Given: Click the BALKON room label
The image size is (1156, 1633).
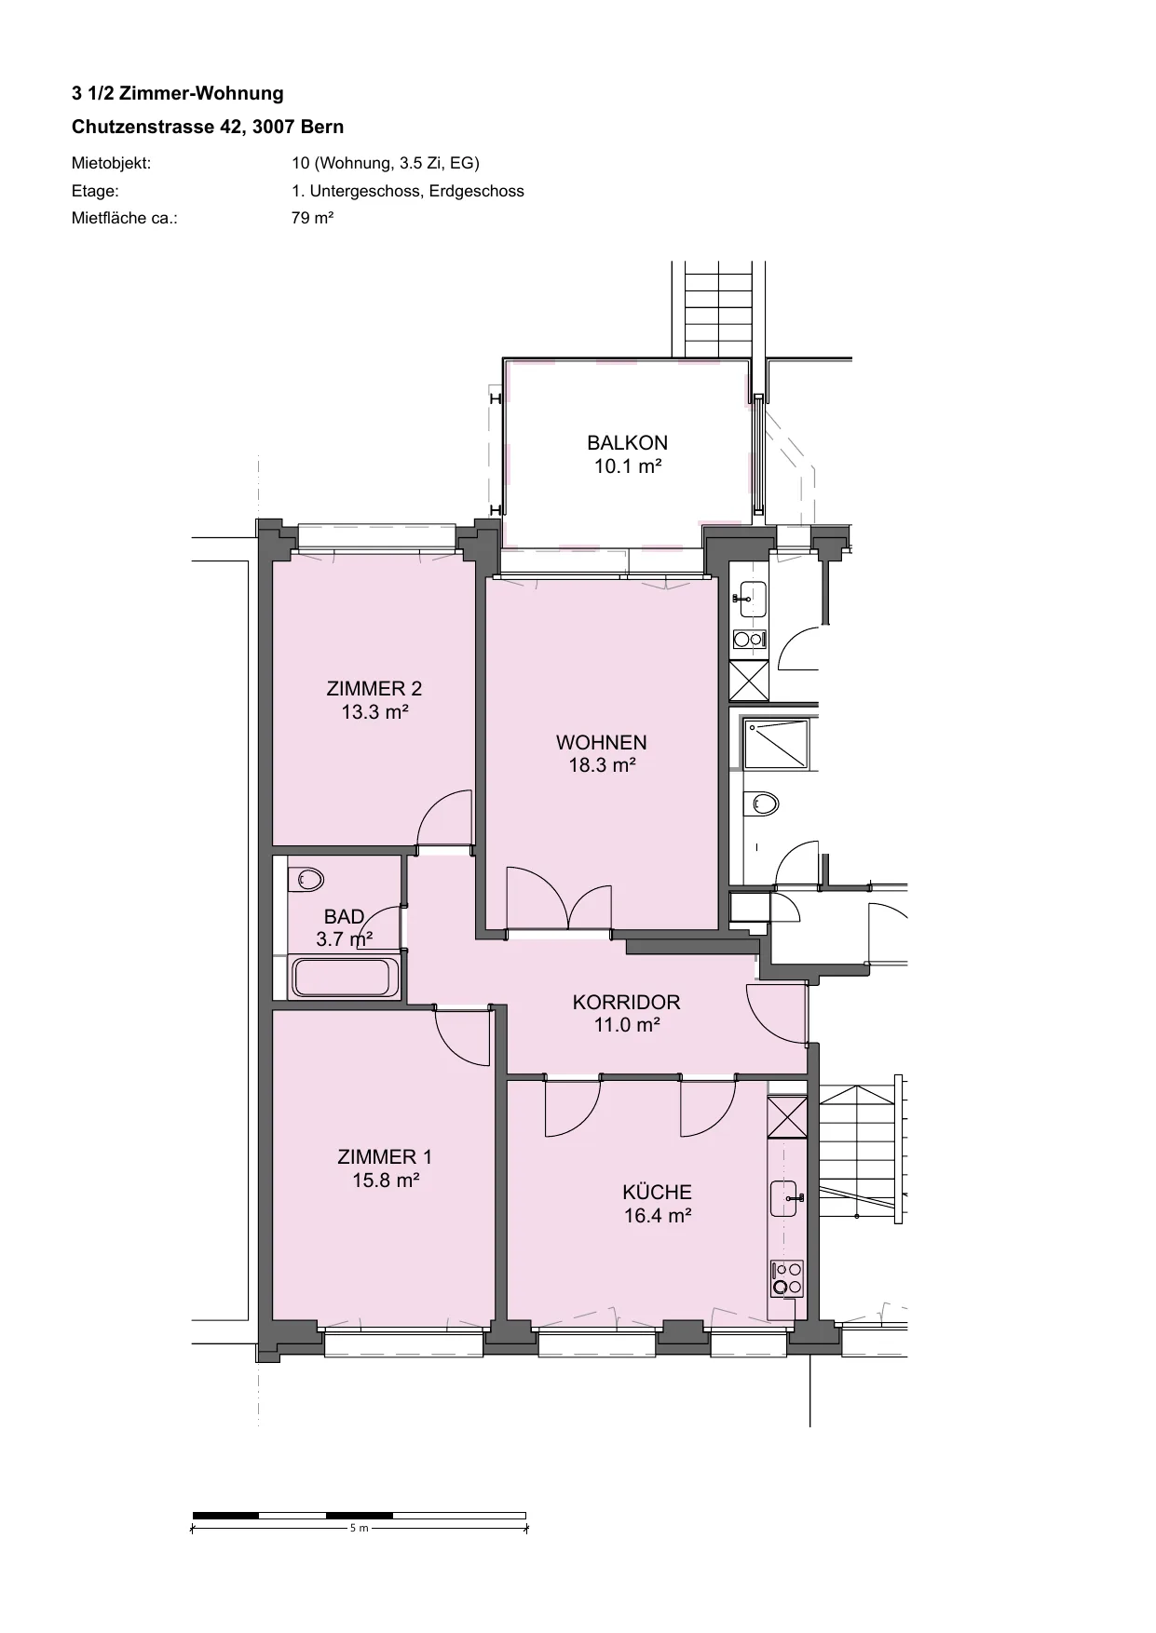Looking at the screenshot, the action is click(x=627, y=443).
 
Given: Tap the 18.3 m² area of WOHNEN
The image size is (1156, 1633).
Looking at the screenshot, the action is click(x=602, y=765).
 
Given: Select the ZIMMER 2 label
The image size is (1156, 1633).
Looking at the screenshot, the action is click(x=374, y=689).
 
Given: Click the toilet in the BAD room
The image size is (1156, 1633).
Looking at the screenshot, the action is click(x=306, y=879).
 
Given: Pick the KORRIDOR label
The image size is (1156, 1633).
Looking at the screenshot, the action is click(x=626, y=1003).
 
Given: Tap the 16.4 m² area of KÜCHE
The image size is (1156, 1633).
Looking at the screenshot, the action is click(x=657, y=1215).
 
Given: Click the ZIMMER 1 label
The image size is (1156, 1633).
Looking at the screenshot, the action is click(x=385, y=1157).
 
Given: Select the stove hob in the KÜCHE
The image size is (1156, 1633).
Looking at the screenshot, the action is click(x=787, y=1278).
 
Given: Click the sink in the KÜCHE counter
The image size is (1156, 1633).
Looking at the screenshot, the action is click(x=785, y=1198).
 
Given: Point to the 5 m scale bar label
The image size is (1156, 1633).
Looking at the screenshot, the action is click(x=359, y=1528).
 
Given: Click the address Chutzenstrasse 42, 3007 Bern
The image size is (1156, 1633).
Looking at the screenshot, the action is click(x=208, y=127).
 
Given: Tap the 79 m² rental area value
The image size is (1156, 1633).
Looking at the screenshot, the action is click(x=313, y=218).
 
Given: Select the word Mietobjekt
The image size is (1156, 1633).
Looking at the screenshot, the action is click(x=111, y=164).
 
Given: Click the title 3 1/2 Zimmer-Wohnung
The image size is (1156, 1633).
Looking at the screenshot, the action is click(x=178, y=93).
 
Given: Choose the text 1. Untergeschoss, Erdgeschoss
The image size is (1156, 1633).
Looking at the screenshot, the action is click(x=408, y=191).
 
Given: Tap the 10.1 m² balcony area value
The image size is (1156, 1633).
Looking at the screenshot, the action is click(x=628, y=466).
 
